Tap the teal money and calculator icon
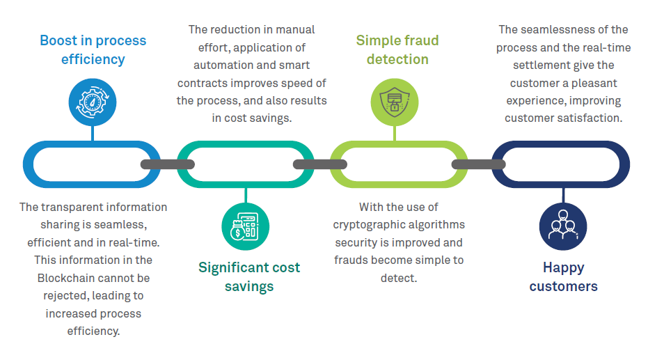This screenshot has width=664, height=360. click(245, 226)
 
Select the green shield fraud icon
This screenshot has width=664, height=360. click(394, 102)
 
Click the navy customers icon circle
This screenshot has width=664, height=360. click(563, 227)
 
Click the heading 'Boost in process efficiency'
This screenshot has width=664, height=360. click(93, 49)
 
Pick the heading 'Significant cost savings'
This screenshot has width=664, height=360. click(249, 276)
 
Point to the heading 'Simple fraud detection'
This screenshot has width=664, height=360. click(397, 49)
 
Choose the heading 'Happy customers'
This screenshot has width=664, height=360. click(563, 276)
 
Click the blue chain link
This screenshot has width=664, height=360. click(42, 164)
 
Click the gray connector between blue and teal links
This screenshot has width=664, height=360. click(167, 164)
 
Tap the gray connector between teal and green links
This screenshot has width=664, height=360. click(319, 164)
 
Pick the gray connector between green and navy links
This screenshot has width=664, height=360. click(478, 164)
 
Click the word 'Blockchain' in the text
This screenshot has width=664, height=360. click(65, 278)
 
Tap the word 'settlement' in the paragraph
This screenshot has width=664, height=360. click(542, 65)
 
